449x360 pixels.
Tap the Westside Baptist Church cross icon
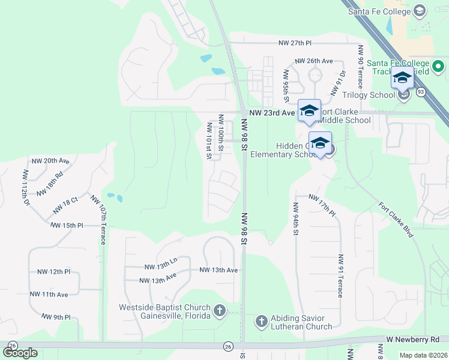click(x=220, y=311)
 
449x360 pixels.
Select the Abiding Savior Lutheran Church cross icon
click(x=261, y=322)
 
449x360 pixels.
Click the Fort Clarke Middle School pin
click(x=309, y=110)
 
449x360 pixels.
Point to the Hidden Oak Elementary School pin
click(x=321, y=143)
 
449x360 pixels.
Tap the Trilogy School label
click(x=367, y=95)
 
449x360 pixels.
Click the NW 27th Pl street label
click(x=295, y=43)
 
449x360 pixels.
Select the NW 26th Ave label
click(x=313, y=61)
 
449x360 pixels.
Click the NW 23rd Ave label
click(x=273, y=112)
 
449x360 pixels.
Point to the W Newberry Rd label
click(x=413, y=339)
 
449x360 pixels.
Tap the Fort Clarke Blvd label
click(x=396, y=219)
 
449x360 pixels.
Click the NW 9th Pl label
click(x=56, y=316)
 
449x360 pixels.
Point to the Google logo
click(x=20, y=352)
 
